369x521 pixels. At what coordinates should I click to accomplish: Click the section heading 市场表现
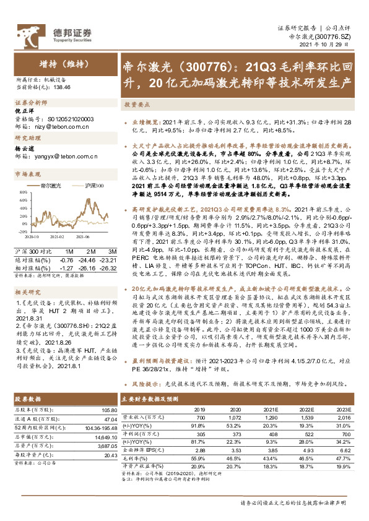point(26,175)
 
